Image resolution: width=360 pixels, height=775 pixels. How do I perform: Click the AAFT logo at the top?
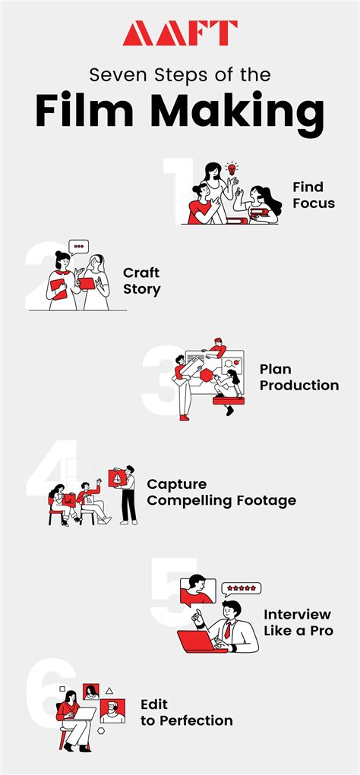(180, 33)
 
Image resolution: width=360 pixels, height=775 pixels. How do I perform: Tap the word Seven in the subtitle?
(116, 75)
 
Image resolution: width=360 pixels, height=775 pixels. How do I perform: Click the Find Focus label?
(313, 195)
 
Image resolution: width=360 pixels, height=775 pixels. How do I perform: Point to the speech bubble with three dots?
(78, 246)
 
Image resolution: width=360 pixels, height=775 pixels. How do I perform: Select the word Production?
(299, 385)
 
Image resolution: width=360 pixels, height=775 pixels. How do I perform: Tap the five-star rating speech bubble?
(241, 588)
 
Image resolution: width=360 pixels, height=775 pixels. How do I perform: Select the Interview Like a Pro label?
(298, 622)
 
